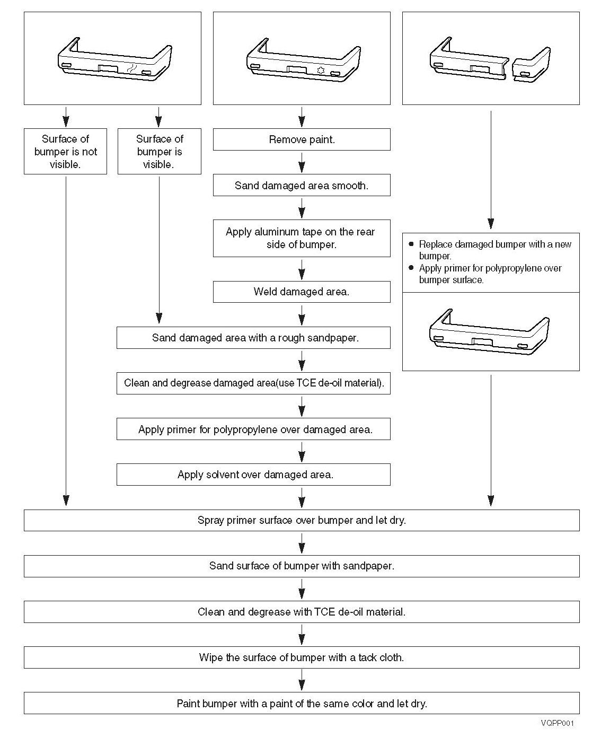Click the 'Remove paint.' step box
point(302,139)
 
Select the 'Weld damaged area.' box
point(302,292)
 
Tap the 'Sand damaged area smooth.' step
point(302,186)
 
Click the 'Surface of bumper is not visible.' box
point(66,151)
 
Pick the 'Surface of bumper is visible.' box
point(159,151)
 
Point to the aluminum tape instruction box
point(302,238)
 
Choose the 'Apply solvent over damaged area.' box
point(253,475)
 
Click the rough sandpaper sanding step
point(253,338)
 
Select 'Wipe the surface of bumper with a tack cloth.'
point(302,657)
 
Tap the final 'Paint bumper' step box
point(302,704)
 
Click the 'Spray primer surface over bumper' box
point(302,520)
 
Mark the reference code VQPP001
point(558,723)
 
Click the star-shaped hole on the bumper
point(320,70)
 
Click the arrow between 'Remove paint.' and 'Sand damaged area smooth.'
point(302,162)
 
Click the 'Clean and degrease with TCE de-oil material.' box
point(302,612)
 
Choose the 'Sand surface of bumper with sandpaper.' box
point(302,566)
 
